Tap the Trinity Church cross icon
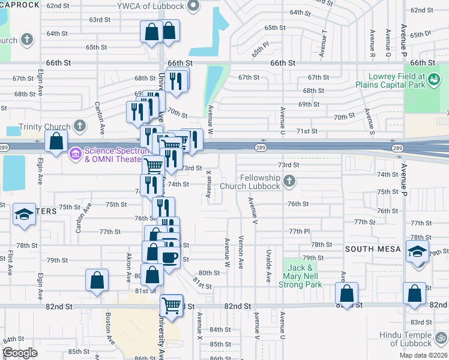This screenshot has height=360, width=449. (79, 126)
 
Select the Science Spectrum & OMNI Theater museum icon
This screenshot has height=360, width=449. (76, 154)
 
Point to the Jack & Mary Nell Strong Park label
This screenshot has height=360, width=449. (300, 276)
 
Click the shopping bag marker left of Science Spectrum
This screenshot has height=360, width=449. (56, 142)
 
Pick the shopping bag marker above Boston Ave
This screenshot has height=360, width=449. (97, 280)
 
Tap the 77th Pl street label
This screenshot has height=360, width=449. (299, 231)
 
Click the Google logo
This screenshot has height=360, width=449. (20, 353)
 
